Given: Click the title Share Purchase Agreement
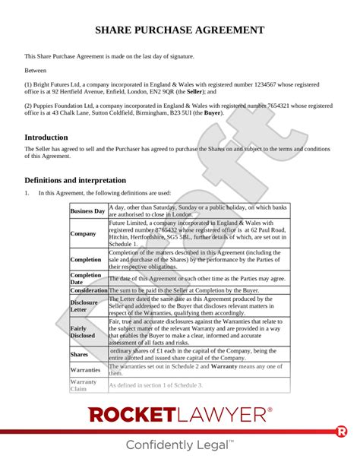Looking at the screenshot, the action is (180, 30).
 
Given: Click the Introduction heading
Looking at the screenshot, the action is (52, 138).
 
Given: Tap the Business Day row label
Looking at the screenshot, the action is (88, 210).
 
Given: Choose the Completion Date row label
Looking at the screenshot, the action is (86, 279).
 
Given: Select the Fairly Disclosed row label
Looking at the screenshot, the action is (83, 331).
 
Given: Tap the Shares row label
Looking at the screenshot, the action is (80, 354).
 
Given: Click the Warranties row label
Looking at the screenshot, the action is (86, 370).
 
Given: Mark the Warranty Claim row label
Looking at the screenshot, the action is (84, 385).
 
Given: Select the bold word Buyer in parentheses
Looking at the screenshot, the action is (213, 112).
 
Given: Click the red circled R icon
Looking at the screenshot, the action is (341, 432).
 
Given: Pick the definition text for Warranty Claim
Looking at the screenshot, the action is (156, 385).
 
